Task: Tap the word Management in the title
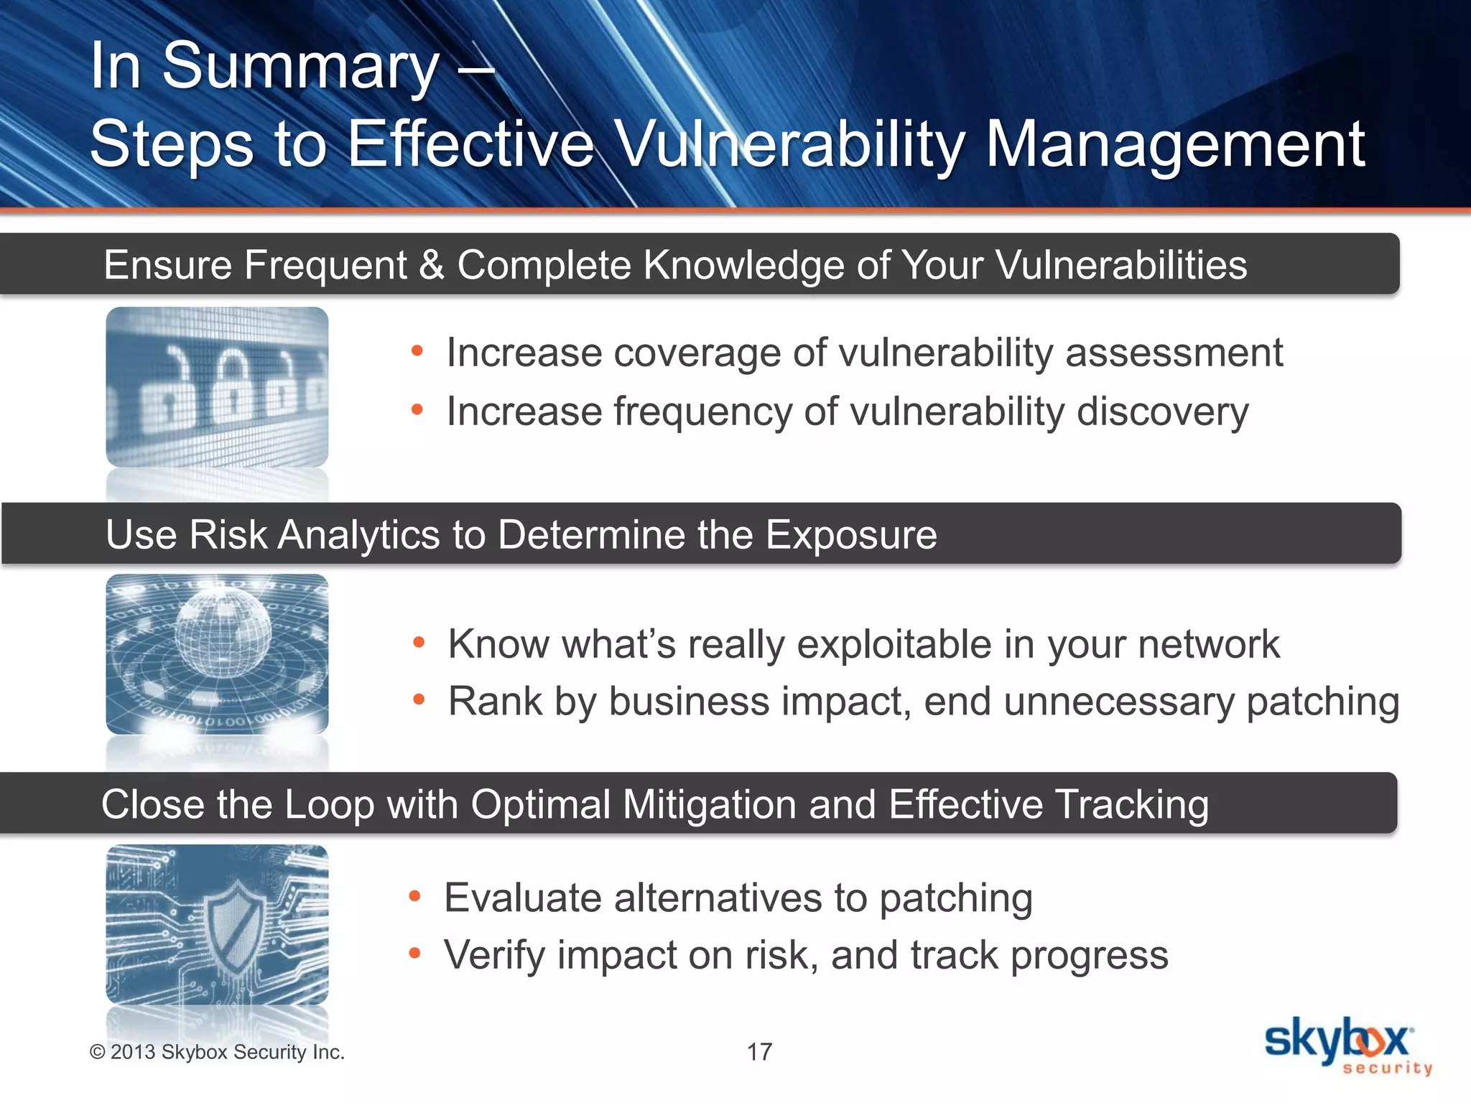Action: [x=1174, y=146]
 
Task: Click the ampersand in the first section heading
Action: [x=432, y=265]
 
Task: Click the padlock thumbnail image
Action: [x=217, y=387]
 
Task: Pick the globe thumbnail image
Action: [x=217, y=654]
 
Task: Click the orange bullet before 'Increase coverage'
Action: [x=417, y=351]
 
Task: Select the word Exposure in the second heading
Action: [x=850, y=535]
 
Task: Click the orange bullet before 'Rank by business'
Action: [x=419, y=699]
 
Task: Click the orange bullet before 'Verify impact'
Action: [x=414, y=953]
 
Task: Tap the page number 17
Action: [x=759, y=1052]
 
